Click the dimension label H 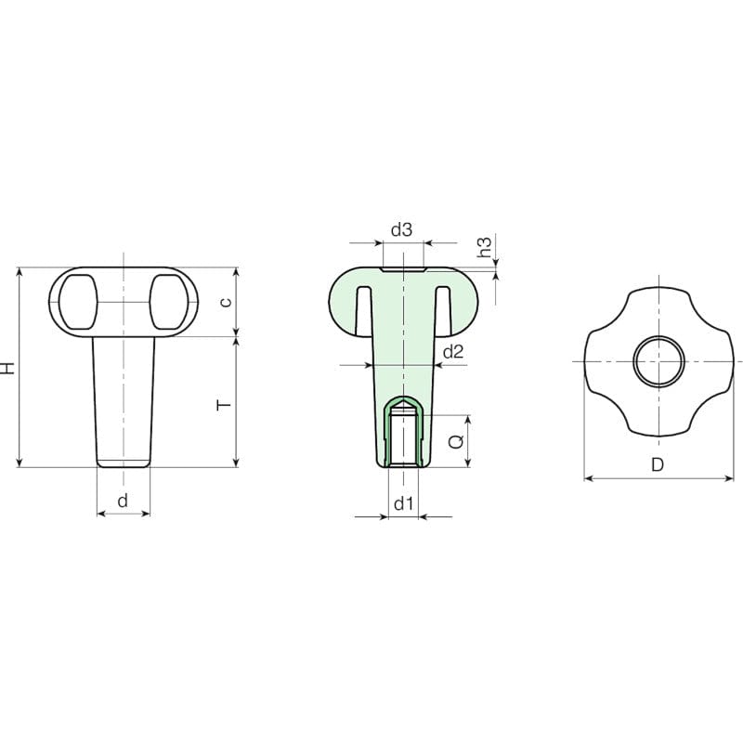(8, 367)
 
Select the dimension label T (222, 405)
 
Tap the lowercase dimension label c (224, 303)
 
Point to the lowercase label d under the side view (123, 501)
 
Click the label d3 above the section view (401, 229)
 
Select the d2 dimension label (453, 351)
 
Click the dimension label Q (455, 442)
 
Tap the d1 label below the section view (402, 504)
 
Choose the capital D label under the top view (658, 465)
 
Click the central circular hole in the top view (658, 360)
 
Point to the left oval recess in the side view (76, 302)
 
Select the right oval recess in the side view (169, 302)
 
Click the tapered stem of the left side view (123, 399)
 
